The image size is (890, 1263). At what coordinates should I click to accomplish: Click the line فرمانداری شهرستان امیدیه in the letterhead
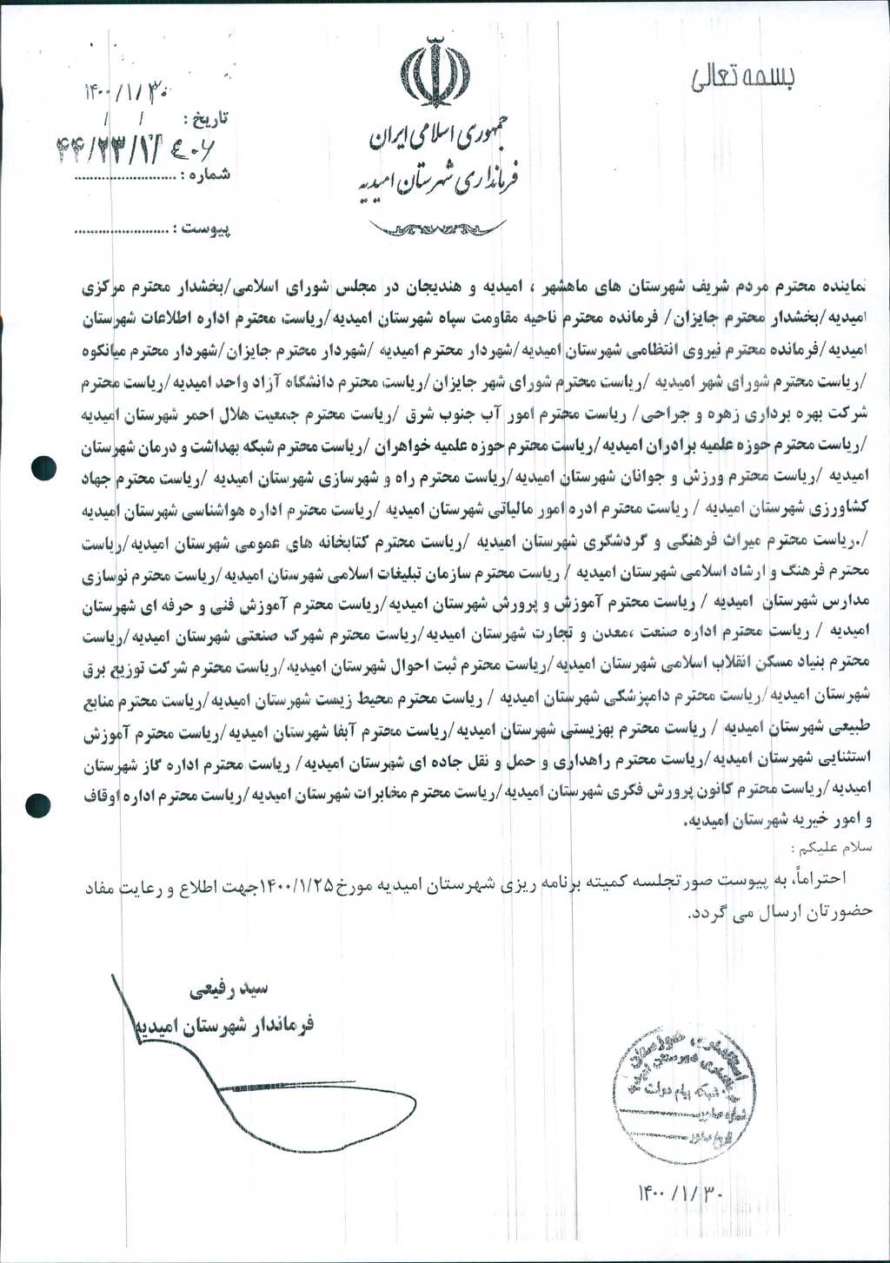[440, 182]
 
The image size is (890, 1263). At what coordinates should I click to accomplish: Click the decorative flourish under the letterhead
[436, 228]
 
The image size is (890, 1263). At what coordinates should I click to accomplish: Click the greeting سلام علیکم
[831, 845]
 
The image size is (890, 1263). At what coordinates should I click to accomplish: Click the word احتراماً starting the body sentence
[820, 876]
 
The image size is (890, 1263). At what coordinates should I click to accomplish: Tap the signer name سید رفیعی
[229, 989]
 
